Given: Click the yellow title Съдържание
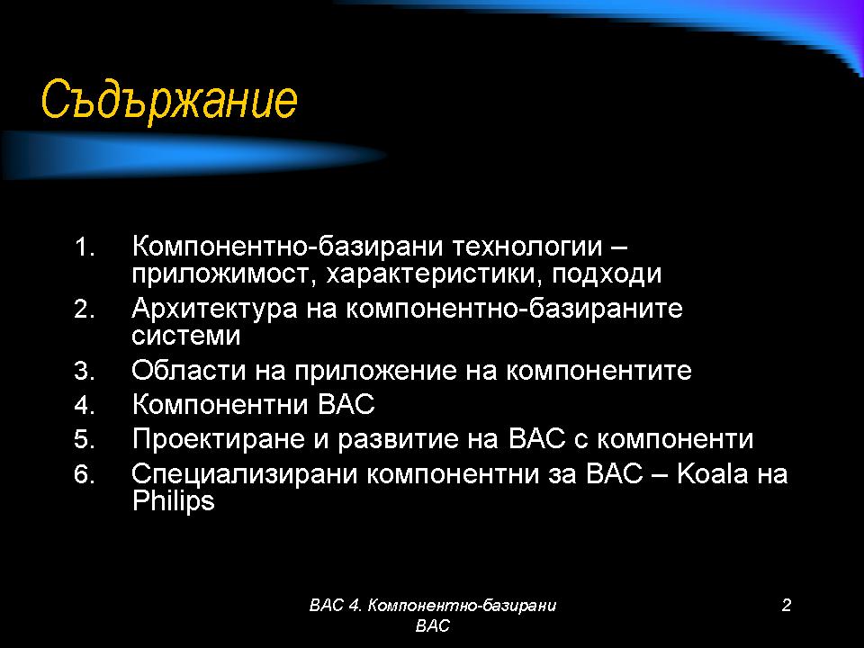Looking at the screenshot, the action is tap(169, 100).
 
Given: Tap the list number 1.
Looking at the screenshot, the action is tap(85, 247).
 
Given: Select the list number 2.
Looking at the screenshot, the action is tap(85, 309).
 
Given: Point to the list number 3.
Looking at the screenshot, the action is tap(85, 371).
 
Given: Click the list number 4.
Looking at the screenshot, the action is tap(85, 406).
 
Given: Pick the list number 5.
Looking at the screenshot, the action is tap(85, 440).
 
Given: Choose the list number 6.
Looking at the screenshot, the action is tap(85, 474).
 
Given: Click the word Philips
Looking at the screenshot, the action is tap(173, 501).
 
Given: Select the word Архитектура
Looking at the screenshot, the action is tap(214, 308).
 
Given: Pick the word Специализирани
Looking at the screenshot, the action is tap(245, 474).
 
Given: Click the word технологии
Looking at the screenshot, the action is tap(526, 247).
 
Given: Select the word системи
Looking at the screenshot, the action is tap(186, 336).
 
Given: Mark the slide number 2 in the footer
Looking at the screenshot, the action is tap(787, 605).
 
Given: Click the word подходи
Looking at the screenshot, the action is tap(606, 274).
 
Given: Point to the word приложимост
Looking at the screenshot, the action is tap(220, 274).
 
